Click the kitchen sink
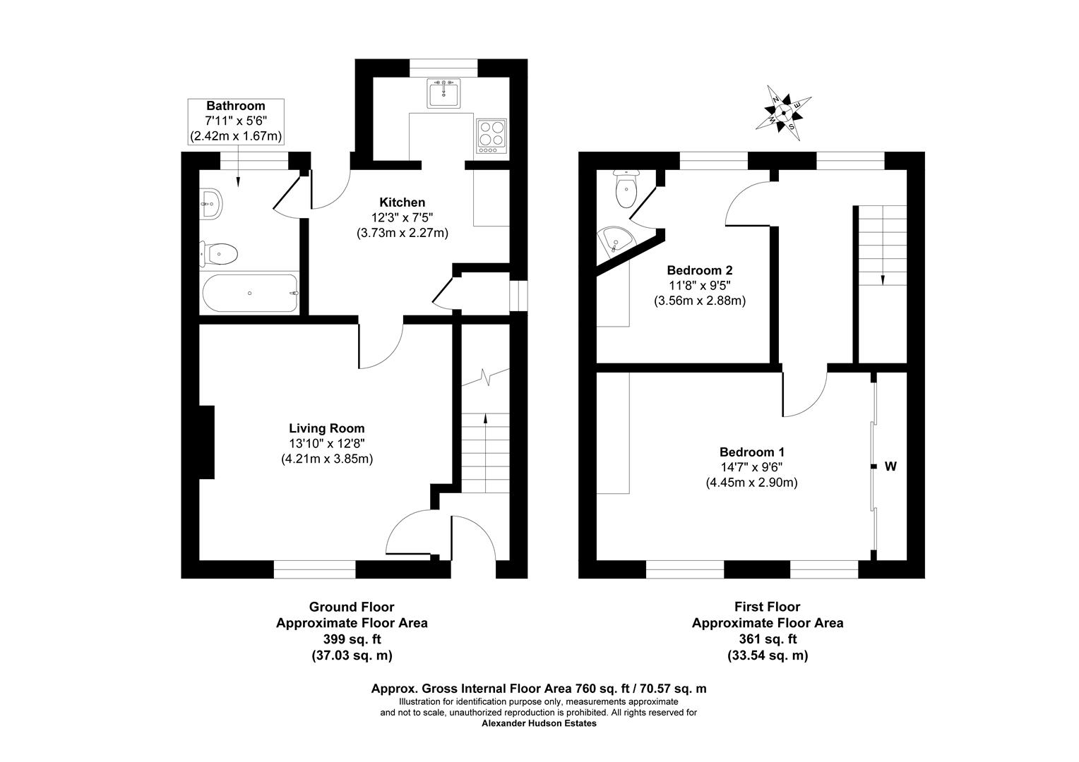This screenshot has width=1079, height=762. (443, 93)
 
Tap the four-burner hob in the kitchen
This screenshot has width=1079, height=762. (491, 135)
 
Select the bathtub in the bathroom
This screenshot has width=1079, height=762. (251, 293)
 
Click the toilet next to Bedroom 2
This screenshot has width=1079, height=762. (626, 189)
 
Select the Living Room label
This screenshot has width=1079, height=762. (327, 428)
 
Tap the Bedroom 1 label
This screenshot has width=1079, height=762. (752, 452)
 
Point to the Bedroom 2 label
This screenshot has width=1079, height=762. (700, 270)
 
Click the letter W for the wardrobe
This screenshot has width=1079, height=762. (891, 466)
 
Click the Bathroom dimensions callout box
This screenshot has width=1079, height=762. (236, 121)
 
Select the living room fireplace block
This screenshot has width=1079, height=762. (207, 442)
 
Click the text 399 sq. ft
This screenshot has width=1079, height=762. (352, 639)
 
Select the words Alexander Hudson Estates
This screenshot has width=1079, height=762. (539, 723)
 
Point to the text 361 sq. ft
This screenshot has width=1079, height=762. (768, 639)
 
